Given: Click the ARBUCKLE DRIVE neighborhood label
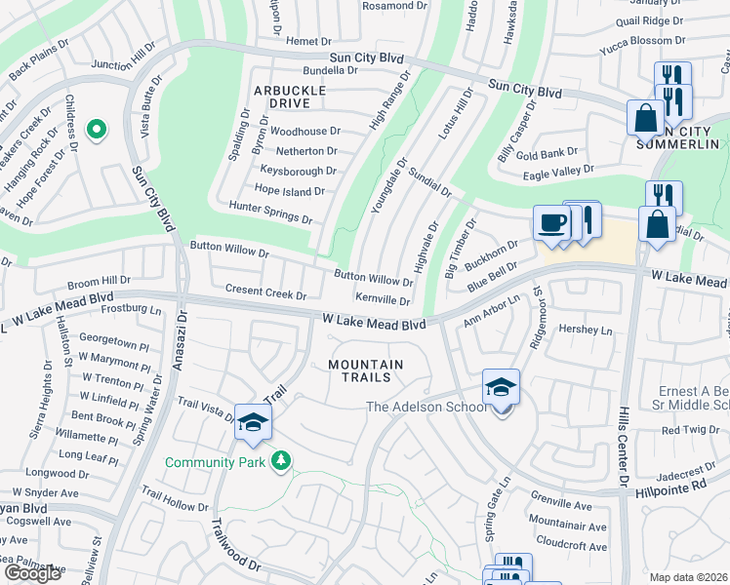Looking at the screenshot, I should [x=288, y=96].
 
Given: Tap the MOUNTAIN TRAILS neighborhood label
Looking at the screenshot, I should [x=366, y=370].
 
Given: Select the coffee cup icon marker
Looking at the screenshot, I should [x=551, y=223].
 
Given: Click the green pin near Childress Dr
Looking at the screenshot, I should [x=96, y=129].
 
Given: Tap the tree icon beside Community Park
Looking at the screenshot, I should [x=281, y=460].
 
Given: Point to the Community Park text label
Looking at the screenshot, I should [x=218, y=462].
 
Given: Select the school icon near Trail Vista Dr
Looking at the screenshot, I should [x=253, y=422].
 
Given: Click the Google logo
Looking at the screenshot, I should [x=32, y=573].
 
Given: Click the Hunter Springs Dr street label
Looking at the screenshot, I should [x=270, y=213].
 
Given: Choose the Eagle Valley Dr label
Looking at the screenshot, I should [x=558, y=173].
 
